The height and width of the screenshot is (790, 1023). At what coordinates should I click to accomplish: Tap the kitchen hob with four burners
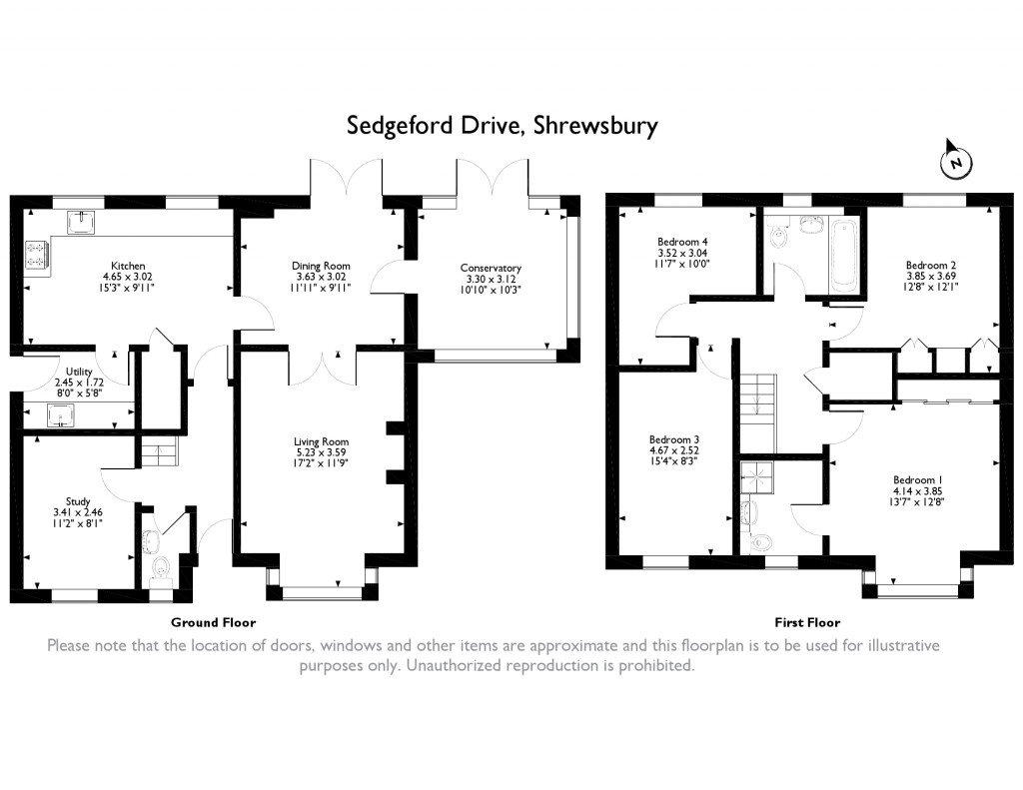[37, 255]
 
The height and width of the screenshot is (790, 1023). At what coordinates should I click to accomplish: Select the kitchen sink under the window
[82, 222]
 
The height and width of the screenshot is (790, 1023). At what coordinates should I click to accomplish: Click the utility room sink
[60, 414]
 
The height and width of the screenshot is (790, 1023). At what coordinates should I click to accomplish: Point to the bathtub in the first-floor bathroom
[845, 257]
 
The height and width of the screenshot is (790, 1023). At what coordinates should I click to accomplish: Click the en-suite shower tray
[757, 478]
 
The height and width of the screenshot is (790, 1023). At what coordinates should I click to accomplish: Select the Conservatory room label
[491, 268]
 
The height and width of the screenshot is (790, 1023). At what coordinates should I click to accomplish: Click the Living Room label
[321, 441]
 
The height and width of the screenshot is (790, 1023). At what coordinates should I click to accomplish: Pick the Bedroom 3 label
[674, 439]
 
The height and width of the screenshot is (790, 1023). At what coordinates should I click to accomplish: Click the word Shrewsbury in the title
[595, 125]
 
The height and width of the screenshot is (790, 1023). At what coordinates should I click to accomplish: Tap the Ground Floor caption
[214, 622]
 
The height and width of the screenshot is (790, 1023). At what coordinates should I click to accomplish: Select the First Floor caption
[807, 622]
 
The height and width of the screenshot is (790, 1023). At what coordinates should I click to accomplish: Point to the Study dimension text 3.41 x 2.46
[78, 512]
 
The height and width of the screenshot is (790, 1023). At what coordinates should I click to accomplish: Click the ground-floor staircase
[159, 451]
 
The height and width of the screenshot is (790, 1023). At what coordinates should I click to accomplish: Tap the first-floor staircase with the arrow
[757, 413]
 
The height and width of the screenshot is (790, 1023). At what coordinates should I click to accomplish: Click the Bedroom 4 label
[682, 242]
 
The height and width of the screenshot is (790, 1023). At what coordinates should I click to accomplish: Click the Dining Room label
[321, 266]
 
